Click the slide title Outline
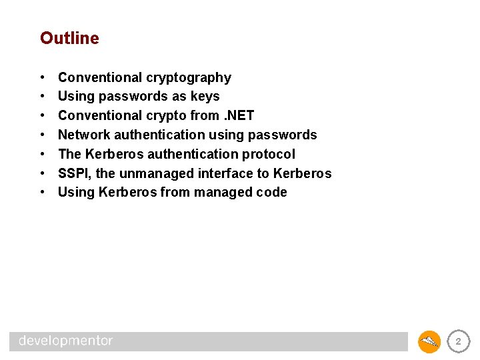click(x=69, y=39)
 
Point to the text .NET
click(x=239, y=116)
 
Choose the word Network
click(x=84, y=135)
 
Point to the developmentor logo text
click(x=66, y=341)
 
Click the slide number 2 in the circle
click(x=457, y=341)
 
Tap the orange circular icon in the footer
click(x=429, y=342)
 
